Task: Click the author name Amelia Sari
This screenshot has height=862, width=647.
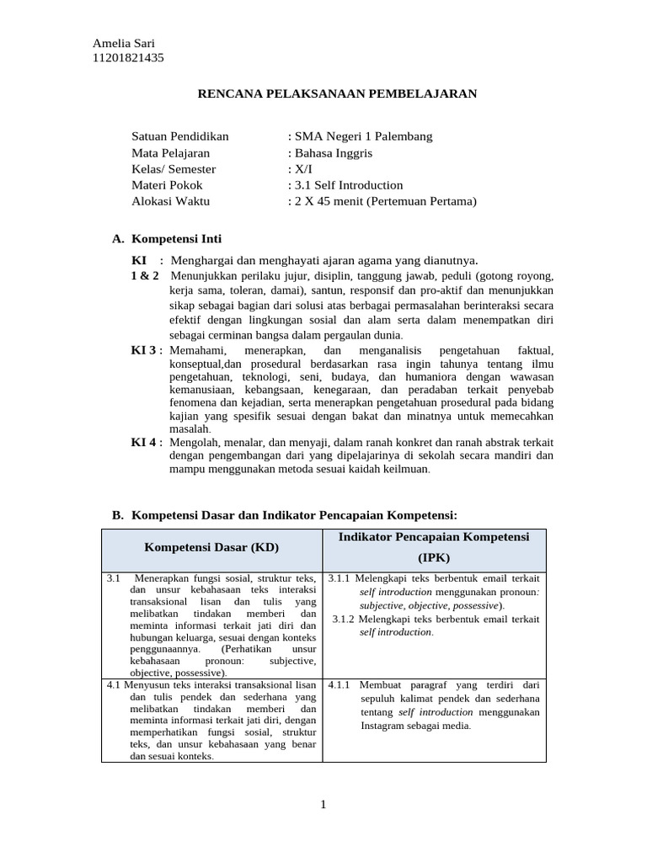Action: tap(123, 44)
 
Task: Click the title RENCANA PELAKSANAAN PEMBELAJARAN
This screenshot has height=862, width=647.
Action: tap(337, 93)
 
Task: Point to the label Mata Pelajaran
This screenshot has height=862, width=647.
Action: tap(171, 153)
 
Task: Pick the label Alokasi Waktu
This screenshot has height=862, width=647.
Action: tap(171, 201)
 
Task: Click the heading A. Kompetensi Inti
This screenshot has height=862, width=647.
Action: tap(167, 239)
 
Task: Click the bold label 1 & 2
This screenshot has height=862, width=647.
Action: tap(145, 276)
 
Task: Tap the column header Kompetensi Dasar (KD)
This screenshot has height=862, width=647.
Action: tap(211, 547)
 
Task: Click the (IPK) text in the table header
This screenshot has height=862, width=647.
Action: tap(435, 557)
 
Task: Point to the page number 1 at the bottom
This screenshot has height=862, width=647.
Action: tap(323, 805)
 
